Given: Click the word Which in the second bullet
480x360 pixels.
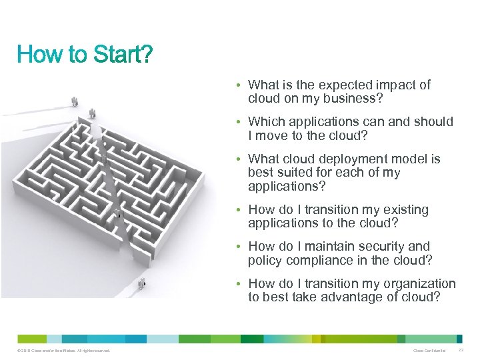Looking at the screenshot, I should point(265,122).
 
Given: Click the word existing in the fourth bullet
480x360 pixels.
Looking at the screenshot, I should point(404,210).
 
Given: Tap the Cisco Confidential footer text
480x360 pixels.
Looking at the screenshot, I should point(429,351).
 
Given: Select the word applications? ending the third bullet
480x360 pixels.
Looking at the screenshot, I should point(287,186).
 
